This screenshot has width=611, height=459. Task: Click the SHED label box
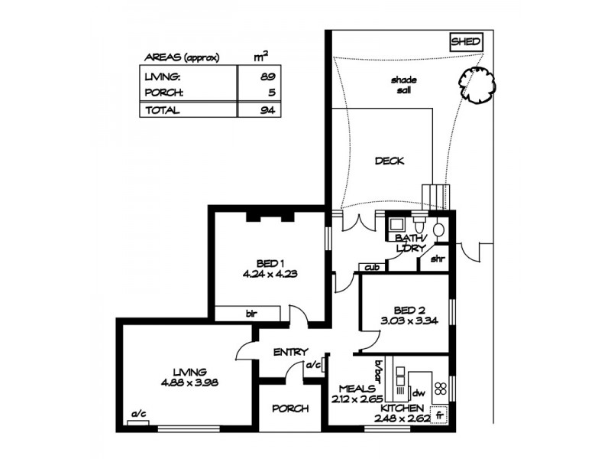tap(465, 41)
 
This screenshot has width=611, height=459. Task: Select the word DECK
tap(389, 161)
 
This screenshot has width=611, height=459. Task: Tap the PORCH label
tap(290, 409)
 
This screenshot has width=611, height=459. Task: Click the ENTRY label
tap(290, 352)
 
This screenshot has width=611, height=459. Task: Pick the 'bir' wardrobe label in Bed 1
tap(251, 313)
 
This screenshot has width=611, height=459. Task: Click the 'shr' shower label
tap(438, 258)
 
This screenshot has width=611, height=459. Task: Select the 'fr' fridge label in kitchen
tap(438, 416)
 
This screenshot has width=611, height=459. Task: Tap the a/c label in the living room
tap(139, 414)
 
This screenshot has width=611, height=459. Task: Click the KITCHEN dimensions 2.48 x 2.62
tap(405, 418)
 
